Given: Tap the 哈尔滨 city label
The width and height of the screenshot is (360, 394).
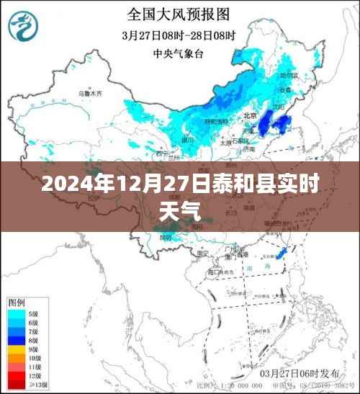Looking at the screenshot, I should point(288,75).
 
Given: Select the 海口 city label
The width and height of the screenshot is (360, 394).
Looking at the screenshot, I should point(214,274).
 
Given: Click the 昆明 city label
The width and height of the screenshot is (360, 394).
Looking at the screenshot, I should point(167,238).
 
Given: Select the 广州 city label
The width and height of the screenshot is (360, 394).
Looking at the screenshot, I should point(232,249).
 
